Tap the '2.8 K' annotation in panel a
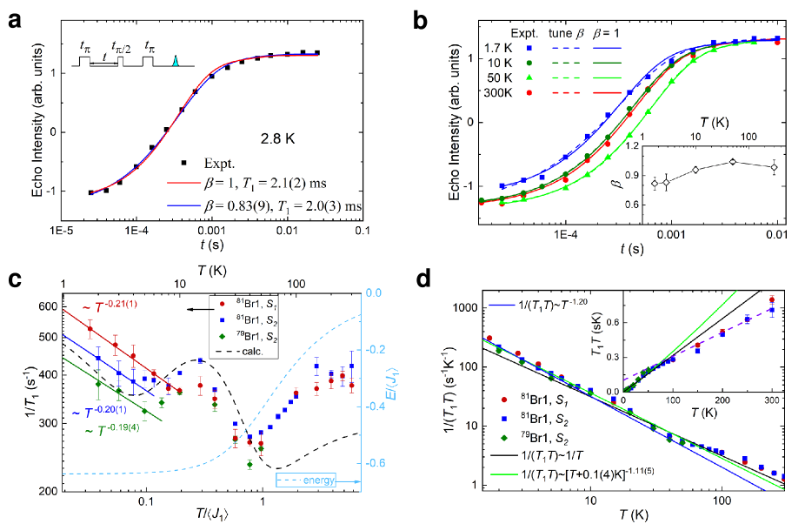pyautogui.click(x=281, y=138)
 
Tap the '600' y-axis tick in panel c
pyautogui.click(x=43, y=306)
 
